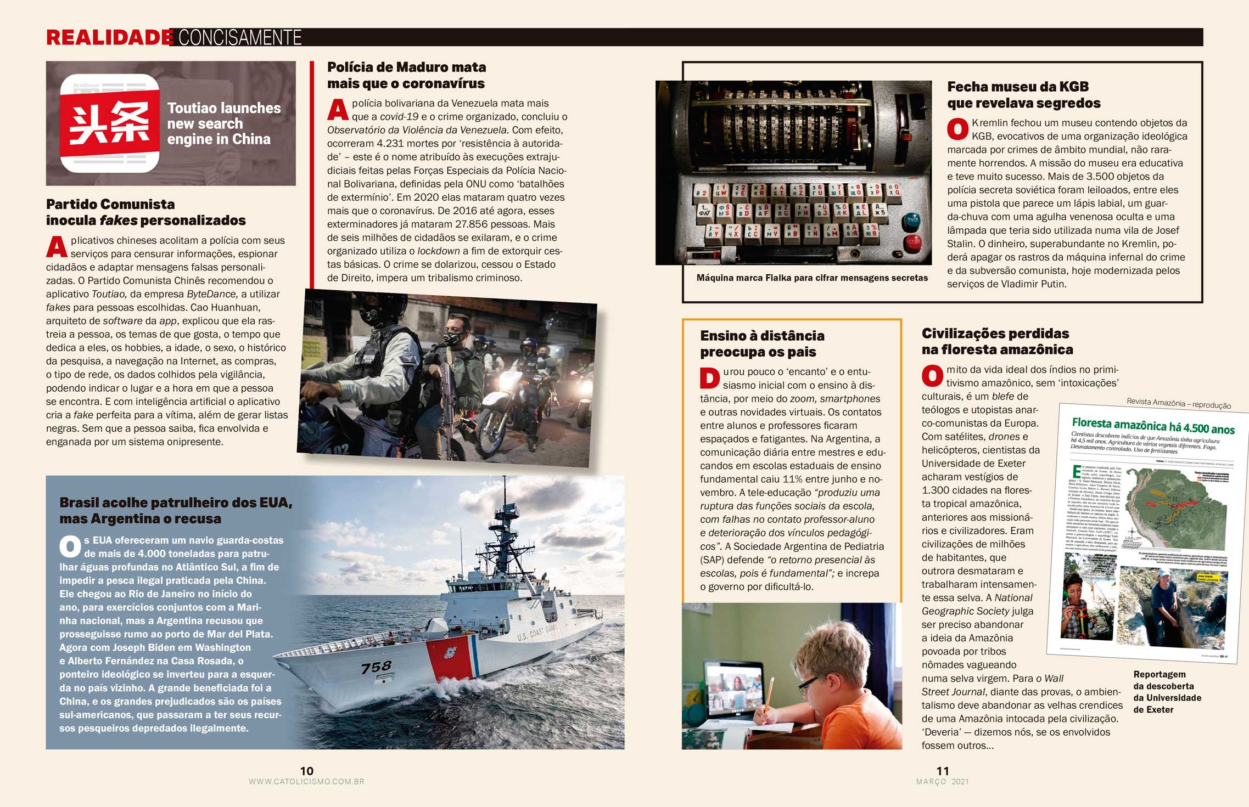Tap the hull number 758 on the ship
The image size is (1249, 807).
click(376, 667)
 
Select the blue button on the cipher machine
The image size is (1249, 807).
click(912, 219)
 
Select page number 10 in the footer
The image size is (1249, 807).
click(306, 771)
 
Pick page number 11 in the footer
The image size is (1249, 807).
click(943, 771)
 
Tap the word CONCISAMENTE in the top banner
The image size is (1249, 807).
click(240, 37)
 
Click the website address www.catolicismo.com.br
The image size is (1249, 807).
click(306, 782)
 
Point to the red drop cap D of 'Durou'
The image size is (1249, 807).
click(709, 378)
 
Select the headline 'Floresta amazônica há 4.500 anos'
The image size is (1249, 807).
click(1153, 426)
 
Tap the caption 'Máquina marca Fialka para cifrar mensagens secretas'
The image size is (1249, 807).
click(812, 278)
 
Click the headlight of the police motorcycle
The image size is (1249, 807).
click(506, 383)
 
